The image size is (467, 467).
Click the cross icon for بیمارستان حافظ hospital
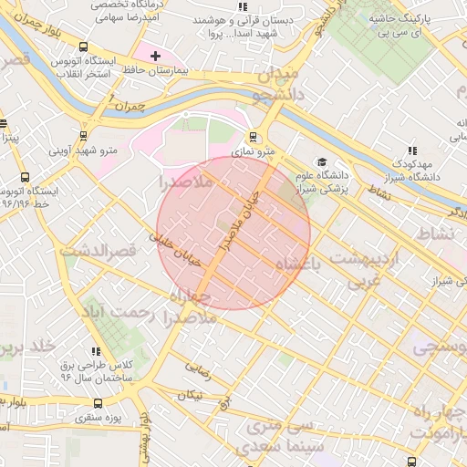(155, 56)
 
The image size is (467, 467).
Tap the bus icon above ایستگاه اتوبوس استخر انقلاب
(84, 46)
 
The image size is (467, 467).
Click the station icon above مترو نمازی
(253, 136)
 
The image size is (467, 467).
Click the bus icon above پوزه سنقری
(98, 402)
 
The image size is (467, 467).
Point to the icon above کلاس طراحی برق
(95, 349)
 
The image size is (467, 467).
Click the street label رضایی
(198, 369)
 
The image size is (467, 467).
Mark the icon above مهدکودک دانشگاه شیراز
(411, 150)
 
